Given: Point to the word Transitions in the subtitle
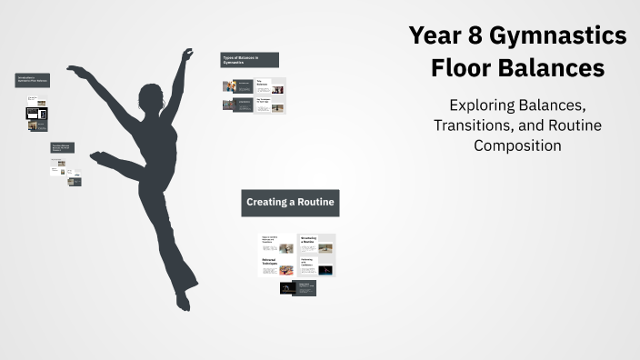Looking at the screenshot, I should point(481,125).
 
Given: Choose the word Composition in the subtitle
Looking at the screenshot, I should point(517,145).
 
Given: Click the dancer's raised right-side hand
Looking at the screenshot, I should point(187,55).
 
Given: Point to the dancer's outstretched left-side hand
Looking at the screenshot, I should point(75,70).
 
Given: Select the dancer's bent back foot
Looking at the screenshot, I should point(96,158).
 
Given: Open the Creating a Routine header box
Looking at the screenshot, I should point(290,202).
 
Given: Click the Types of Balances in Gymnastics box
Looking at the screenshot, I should point(249,60).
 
